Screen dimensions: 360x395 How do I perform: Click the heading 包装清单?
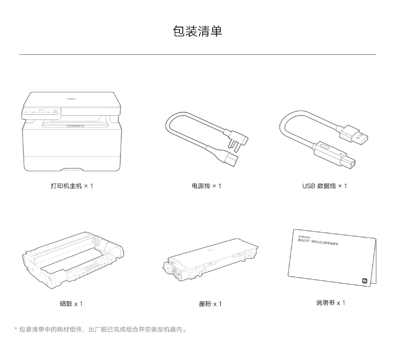pyautogui.click(x=197, y=31)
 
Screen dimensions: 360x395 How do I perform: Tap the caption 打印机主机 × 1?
pyautogui.click(x=71, y=186)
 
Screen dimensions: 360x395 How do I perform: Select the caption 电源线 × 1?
pyautogui.click(x=206, y=186)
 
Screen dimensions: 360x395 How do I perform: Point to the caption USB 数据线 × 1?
pyautogui.click(x=324, y=186)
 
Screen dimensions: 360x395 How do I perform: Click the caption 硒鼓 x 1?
pyautogui.click(x=71, y=304)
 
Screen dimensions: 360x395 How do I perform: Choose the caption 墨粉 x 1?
pyautogui.click(x=210, y=304)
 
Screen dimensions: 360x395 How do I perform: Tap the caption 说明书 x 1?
pyautogui.click(x=330, y=303)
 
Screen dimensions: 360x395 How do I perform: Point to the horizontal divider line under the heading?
pyautogui.click(x=197, y=54)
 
